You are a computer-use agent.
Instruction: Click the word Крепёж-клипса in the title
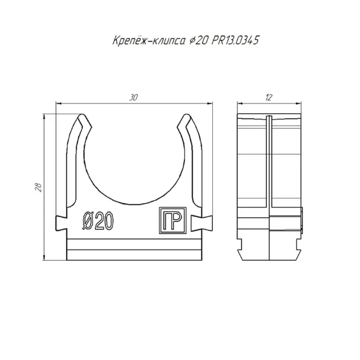pos(149,41)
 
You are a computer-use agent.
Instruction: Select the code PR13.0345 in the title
pos(235,41)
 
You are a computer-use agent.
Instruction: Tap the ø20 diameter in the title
pos(198,41)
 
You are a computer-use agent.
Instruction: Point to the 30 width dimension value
pos(133,98)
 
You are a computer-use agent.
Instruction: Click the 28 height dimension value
pos(39,187)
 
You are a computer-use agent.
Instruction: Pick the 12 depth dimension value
pos(268,98)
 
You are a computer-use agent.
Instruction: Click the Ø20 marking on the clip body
pos(98,220)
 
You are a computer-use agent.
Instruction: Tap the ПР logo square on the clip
pos(173,221)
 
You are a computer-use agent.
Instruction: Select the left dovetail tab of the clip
pos(61,223)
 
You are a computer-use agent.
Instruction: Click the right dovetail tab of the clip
pos(202,223)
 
